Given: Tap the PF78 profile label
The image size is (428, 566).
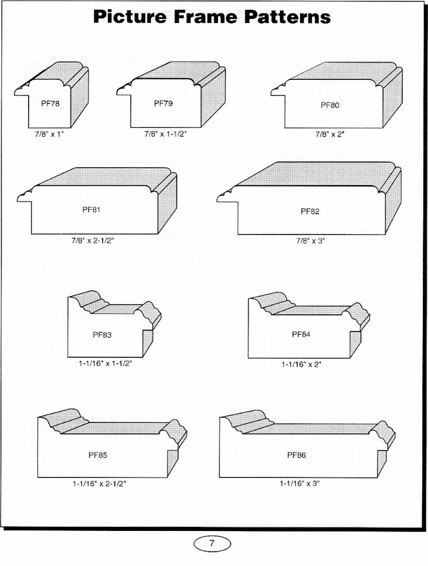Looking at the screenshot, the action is (50, 103).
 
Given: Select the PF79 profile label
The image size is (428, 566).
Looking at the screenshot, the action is (164, 103).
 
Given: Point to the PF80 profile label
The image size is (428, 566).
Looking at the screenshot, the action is (330, 105).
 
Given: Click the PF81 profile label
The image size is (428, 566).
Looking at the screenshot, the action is (91, 210).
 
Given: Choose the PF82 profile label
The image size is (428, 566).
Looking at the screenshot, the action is (310, 211).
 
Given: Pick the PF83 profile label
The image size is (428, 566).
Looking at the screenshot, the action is (102, 335).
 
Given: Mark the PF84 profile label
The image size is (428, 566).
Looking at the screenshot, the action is (301, 334).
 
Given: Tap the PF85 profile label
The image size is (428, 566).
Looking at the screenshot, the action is (98, 455).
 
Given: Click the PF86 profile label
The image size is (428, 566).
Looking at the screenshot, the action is (297, 455).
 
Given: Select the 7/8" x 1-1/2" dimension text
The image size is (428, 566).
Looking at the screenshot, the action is (165, 134).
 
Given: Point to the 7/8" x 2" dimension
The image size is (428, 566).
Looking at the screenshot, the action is (330, 134).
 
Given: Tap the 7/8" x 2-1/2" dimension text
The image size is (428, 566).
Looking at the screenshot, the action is (92, 240).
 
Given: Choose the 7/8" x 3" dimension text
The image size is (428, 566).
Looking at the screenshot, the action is (310, 240).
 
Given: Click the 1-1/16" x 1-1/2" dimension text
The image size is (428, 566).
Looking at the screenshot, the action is (106, 364).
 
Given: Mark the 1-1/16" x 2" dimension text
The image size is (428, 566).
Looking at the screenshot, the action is (301, 364).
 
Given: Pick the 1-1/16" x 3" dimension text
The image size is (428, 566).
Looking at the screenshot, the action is (299, 483).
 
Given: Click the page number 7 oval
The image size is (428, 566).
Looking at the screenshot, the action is (212, 543).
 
